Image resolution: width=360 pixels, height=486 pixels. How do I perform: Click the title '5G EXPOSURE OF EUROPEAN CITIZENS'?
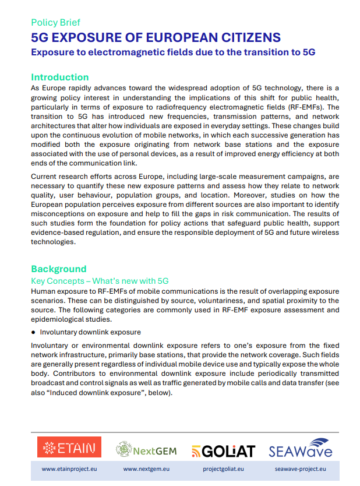pyautogui.click(x=156, y=38)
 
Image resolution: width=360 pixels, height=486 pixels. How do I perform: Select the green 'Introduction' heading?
pyautogui.click(x=59, y=77)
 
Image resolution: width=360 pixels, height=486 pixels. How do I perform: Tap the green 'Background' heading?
pyautogui.click(x=58, y=269)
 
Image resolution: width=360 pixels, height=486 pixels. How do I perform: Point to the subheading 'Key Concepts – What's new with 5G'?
pyautogui.click(x=100, y=280)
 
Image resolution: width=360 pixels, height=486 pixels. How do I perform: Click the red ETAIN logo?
pyautogui.click(x=69, y=448)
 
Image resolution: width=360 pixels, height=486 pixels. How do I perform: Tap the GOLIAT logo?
pyautogui.click(x=223, y=450)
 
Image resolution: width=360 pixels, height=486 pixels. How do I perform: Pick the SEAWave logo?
pyautogui.click(x=300, y=448)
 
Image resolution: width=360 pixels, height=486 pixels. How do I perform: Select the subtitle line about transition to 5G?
pyautogui.click(x=173, y=52)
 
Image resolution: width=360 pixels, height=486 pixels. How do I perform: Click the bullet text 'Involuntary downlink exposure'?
pyautogui.click(x=90, y=332)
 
